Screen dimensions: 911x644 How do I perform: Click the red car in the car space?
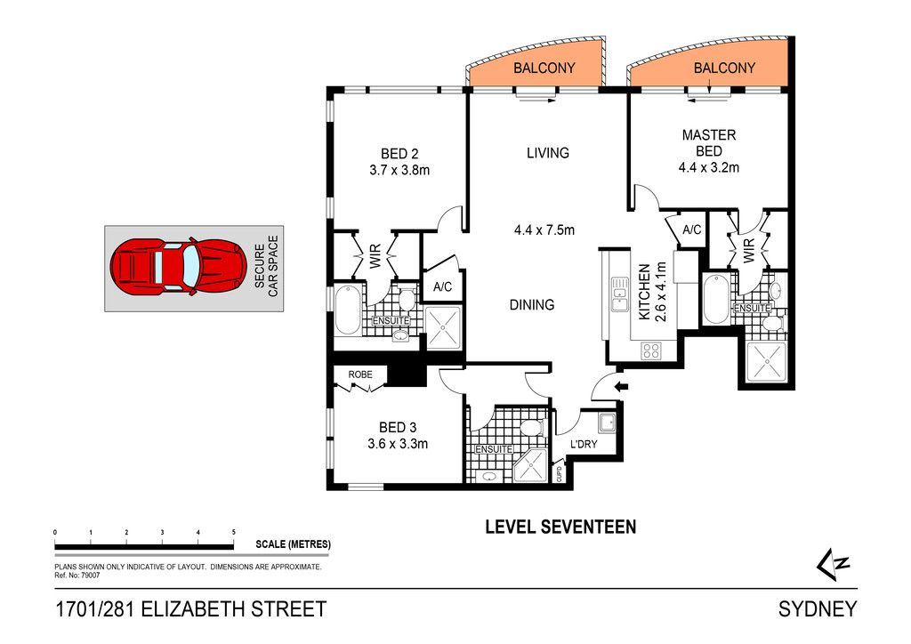point(178,267)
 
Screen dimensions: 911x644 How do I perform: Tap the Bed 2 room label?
point(399,154)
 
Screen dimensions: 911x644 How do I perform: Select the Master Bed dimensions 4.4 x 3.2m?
point(709,168)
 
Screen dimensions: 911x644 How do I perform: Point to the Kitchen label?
point(644,292)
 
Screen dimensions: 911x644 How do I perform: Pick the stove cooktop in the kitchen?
point(650,350)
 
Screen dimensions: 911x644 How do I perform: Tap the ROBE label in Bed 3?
point(360,374)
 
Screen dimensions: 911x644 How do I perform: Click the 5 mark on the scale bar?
point(234,532)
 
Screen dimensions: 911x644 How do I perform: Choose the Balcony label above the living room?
point(544,68)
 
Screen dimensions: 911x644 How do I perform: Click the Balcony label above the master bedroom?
point(724,68)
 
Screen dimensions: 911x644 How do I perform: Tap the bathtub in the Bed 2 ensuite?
point(348,310)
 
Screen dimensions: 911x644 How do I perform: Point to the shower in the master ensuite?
point(766,362)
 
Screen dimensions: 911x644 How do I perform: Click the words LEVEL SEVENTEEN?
point(560,527)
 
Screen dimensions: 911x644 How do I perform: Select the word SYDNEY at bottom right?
point(818,608)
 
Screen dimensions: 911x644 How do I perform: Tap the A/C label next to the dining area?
point(443,287)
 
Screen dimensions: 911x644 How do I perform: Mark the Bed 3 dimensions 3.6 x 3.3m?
point(398,444)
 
